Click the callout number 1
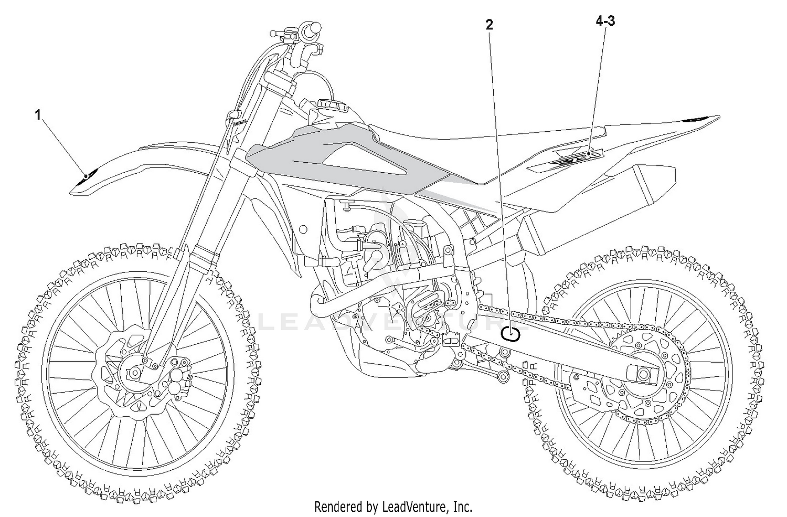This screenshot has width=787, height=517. [38, 114]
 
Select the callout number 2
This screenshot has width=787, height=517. [490, 25]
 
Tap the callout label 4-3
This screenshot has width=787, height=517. [605, 21]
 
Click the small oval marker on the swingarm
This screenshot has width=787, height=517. [510, 333]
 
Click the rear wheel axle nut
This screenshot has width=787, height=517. [643, 375]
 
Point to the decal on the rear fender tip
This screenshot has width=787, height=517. [698, 120]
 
